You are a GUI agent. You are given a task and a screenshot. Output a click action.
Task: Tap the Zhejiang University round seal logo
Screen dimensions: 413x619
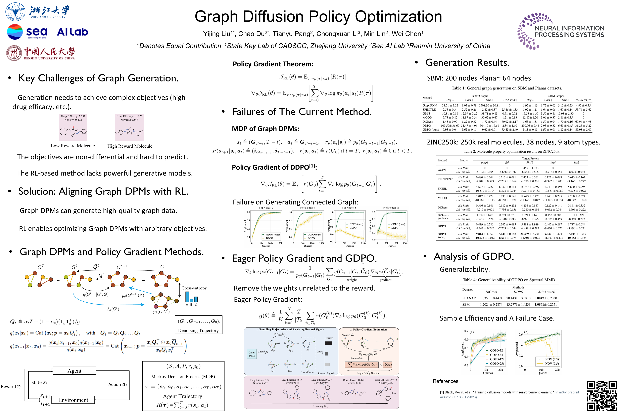pos(15,12)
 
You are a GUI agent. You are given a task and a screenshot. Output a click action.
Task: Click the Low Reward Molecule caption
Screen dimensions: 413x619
pos(73,146)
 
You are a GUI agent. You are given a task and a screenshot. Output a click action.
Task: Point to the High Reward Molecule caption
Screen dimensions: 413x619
pos(130,146)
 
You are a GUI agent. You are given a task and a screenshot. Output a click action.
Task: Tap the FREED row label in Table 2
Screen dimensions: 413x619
pos(442,189)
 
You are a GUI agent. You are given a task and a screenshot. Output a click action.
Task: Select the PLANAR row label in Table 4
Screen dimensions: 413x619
pos(469,298)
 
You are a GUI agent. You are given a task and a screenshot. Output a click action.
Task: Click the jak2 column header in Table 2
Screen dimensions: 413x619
pos(576,162)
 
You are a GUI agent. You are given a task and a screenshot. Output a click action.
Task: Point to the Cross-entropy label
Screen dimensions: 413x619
pos(194,288)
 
